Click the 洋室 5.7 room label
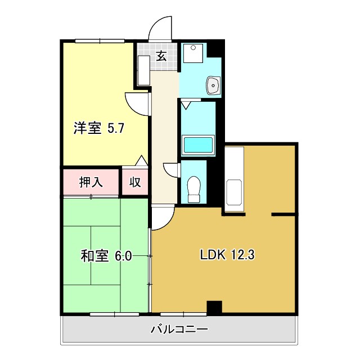coord(98,128)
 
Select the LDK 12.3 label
coord(228,255)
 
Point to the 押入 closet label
coord(91,182)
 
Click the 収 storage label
coord(135,182)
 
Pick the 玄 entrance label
coord(161,56)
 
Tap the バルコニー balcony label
coord(179,328)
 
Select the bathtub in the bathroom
coord(197,145)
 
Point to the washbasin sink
coord(214,85)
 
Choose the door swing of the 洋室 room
coord(137,102)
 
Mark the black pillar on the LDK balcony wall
coord(214,308)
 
